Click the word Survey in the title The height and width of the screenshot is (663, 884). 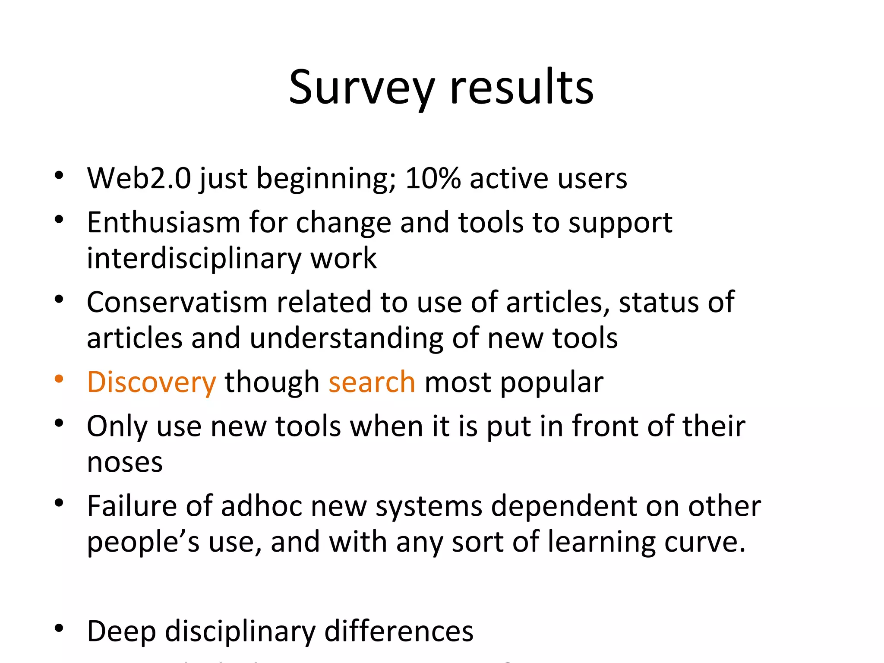coord(361,88)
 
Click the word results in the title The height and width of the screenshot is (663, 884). coord(521,88)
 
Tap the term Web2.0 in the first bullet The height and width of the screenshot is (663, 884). coord(139,178)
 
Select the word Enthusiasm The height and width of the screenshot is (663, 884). coord(163,223)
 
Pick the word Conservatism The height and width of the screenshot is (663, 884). coord(177,302)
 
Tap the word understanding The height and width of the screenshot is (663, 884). coord(346,338)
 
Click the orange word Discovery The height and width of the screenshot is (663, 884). coord(151,383)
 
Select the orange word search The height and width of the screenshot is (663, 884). coord(372,383)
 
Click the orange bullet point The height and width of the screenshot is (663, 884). coord(59,379)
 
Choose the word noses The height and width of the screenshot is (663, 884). coord(125,463)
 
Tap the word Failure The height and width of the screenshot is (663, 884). coord(132,506)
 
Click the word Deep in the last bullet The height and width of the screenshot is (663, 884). coord(121,631)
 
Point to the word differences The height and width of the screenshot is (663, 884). coord(398,631)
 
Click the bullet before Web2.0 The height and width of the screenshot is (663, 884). coord(59,175)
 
